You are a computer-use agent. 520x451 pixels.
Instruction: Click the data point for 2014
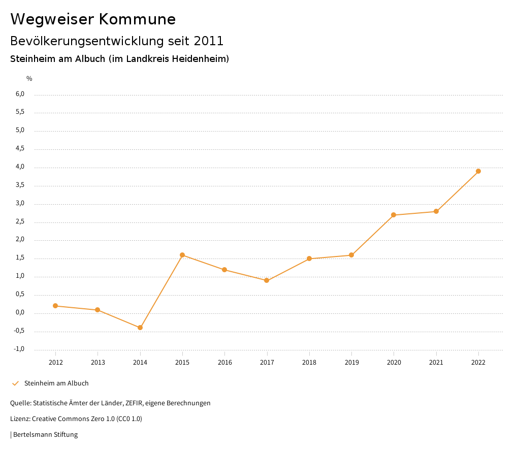tap(140, 328)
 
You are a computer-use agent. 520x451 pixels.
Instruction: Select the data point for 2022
tap(478, 171)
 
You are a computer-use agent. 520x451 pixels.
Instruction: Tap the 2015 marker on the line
tap(182, 255)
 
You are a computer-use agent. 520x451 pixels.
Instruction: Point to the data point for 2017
tap(267, 280)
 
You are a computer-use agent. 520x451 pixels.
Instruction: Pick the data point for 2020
tap(394, 215)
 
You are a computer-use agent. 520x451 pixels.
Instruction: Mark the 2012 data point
tap(55, 306)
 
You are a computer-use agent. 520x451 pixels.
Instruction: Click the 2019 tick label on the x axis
tap(351, 363)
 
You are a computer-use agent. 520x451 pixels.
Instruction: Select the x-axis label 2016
tap(224, 363)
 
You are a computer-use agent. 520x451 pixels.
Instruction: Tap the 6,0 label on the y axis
tap(20, 94)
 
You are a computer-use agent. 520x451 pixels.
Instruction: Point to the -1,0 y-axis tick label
tap(19, 349)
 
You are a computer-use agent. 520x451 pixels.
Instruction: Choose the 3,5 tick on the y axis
tap(20, 185)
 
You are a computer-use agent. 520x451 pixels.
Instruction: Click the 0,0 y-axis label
tap(20, 313)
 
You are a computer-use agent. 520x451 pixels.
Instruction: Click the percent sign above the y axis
tap(29, 79)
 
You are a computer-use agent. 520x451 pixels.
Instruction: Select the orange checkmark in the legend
tap(15, 383)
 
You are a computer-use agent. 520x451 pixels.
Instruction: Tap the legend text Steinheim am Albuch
tap(56, 383)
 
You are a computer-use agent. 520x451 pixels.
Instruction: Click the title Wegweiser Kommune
tap(93, 19)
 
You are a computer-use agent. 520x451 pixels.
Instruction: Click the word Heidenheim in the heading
tap(200, 59)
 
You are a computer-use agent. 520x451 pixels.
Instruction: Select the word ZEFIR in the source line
tap(134, 403)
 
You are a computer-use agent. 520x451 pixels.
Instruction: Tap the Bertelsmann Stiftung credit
tap(45, 435)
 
